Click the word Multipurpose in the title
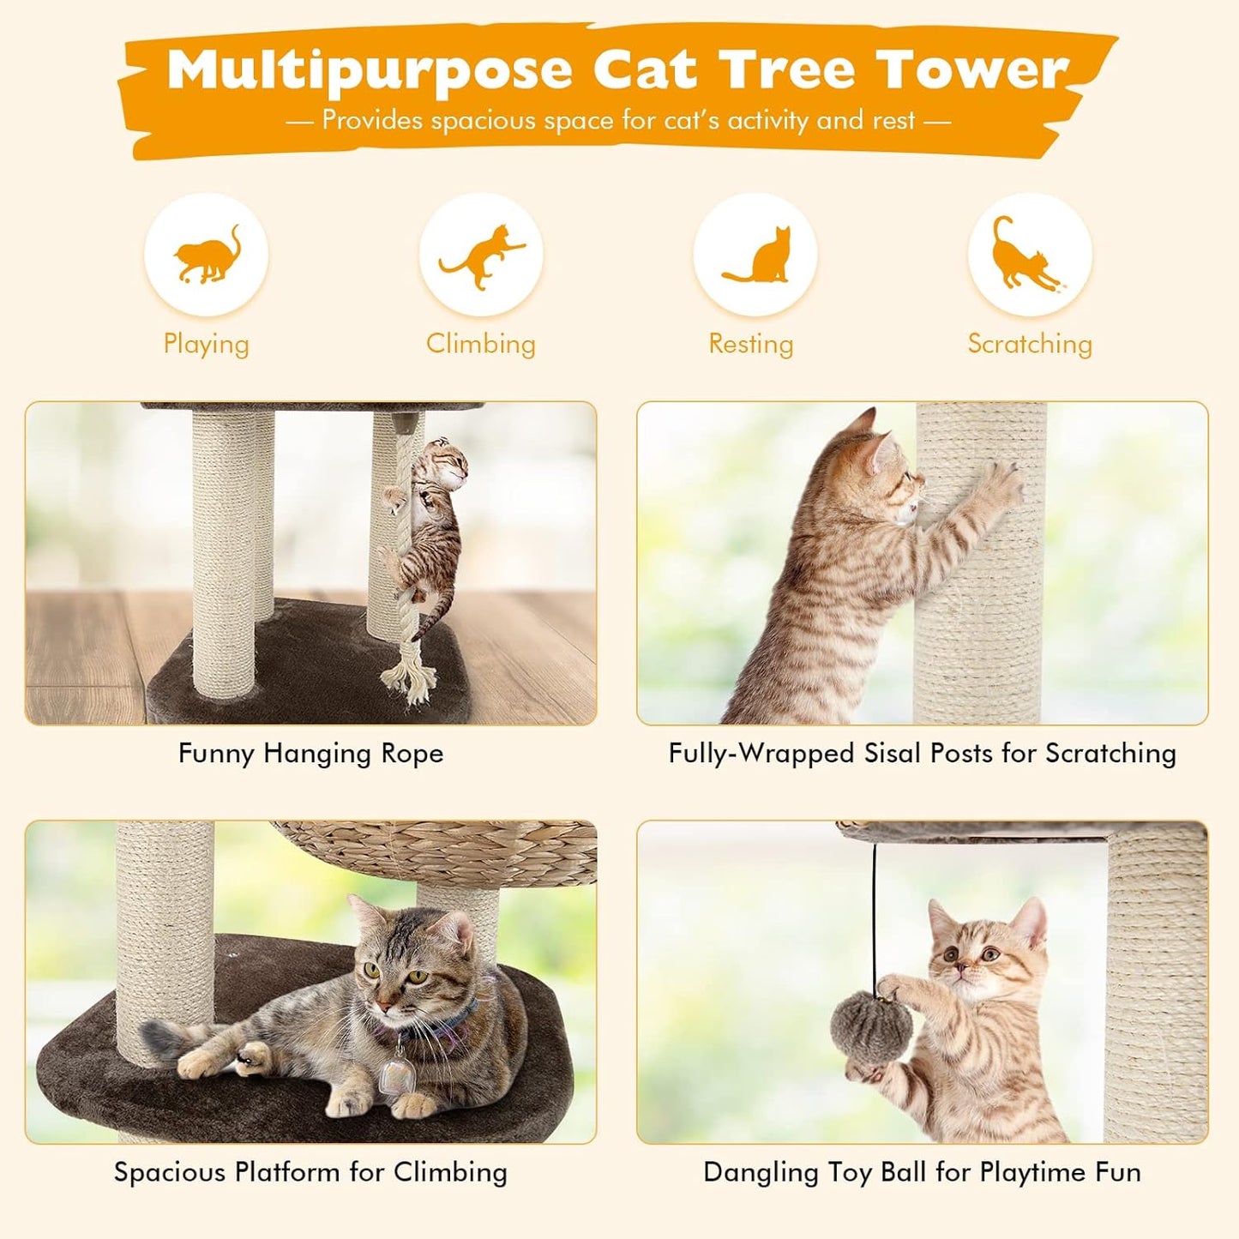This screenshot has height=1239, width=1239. pyautogui.click(x=369, y=70)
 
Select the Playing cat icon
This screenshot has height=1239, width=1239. pyautogui.click(x=206, y=256)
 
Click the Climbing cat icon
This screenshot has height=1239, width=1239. pyautogui.click(x=481, y=256)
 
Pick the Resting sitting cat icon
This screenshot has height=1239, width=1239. pyautogui.click(x=755, y=256)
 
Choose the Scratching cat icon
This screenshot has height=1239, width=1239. pyautogui.click(x=1029, y=256)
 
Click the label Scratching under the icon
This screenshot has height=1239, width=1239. pyautogui.click(x=1030, y=344)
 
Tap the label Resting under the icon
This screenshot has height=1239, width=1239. pyautogui.click(x=750, y=344)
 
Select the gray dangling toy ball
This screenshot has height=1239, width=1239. pyautogui.click(x=866, y=1025)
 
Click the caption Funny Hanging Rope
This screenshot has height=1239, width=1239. pyautogui.click(x=310, y=754)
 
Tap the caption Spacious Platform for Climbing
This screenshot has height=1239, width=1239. pyautogui.click(x=310, y=1172)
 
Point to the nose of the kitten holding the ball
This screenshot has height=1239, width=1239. pyautogui.click(x=962, y=969)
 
